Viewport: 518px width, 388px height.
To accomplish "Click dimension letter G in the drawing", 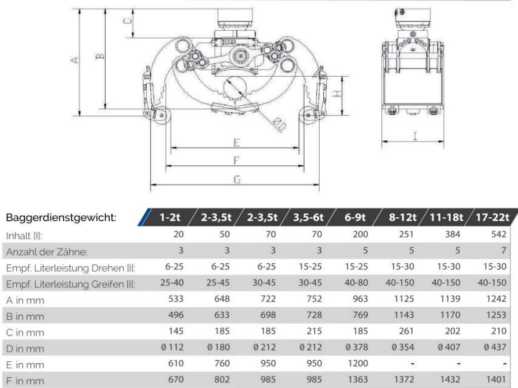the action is (x=237, y=179).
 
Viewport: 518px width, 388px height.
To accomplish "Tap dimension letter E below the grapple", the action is (x=237, y=143).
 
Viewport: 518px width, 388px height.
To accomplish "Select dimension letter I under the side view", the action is (x=415, y=136).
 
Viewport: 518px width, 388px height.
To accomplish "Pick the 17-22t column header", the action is (x=492, y=217).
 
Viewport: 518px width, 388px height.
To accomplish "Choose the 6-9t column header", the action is (x=355, y=217).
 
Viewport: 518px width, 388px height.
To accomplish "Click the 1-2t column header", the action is (x=170, y=217).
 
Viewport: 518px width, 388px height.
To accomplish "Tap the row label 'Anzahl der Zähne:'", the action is (x=47, y=252).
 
